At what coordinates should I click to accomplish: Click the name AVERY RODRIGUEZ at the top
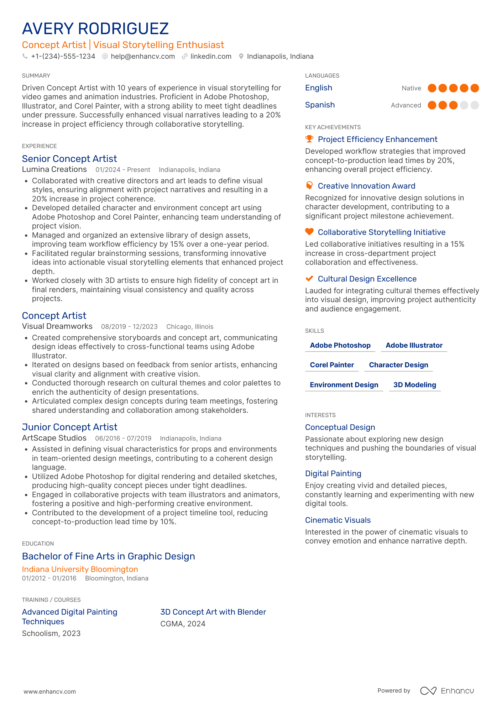95,29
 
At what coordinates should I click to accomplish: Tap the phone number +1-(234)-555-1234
63,57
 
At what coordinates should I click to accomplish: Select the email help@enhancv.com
142,57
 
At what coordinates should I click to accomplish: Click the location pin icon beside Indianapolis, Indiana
241,57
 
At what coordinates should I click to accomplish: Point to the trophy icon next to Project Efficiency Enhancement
309,139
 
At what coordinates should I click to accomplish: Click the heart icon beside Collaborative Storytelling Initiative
309,232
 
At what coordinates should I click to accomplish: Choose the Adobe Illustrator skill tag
414,346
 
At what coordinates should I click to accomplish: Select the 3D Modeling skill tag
414,385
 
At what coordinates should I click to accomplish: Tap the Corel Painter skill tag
331,365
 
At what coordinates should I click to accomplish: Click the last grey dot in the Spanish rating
475,105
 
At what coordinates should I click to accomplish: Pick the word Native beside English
411,88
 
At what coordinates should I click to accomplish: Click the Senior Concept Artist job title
69,159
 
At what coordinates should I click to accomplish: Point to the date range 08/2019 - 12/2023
129,327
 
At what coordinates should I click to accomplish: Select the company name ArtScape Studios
54,438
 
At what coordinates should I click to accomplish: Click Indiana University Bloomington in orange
80,569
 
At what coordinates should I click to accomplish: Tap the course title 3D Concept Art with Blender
213,612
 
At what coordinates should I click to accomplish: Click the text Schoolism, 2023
51,633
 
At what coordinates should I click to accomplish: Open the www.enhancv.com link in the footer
49,692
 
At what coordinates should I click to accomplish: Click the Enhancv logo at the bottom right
447,691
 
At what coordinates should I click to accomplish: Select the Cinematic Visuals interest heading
338,520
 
